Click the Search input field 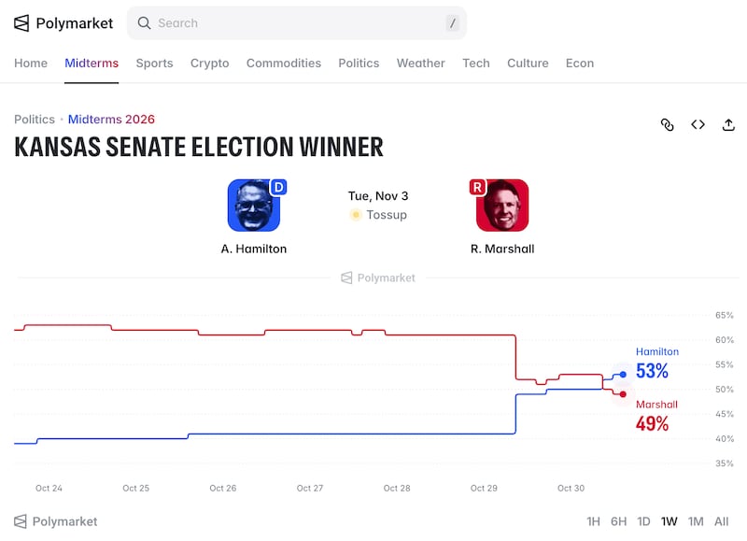click(296, 22)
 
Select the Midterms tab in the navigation click(92, 64)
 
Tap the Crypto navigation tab click(209, 64)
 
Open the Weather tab click(421, 64)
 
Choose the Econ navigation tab click(580, 64)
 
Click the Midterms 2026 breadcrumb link click(111, 120)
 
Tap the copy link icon click(668, 125)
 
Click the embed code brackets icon click(698, 125)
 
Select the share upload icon click(728, 125)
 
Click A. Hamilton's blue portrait click(253, 206)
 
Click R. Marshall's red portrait click(502, 206)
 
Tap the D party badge click(278, 187)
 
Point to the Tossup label click(387, 215)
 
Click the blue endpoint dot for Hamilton click(623, 375)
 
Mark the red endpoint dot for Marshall click(623, 394)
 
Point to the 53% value click(652, 371)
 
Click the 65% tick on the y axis click(725, 316)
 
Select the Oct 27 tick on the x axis click(310, 488)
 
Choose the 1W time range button click(669, 521)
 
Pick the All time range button click(721, 521)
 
